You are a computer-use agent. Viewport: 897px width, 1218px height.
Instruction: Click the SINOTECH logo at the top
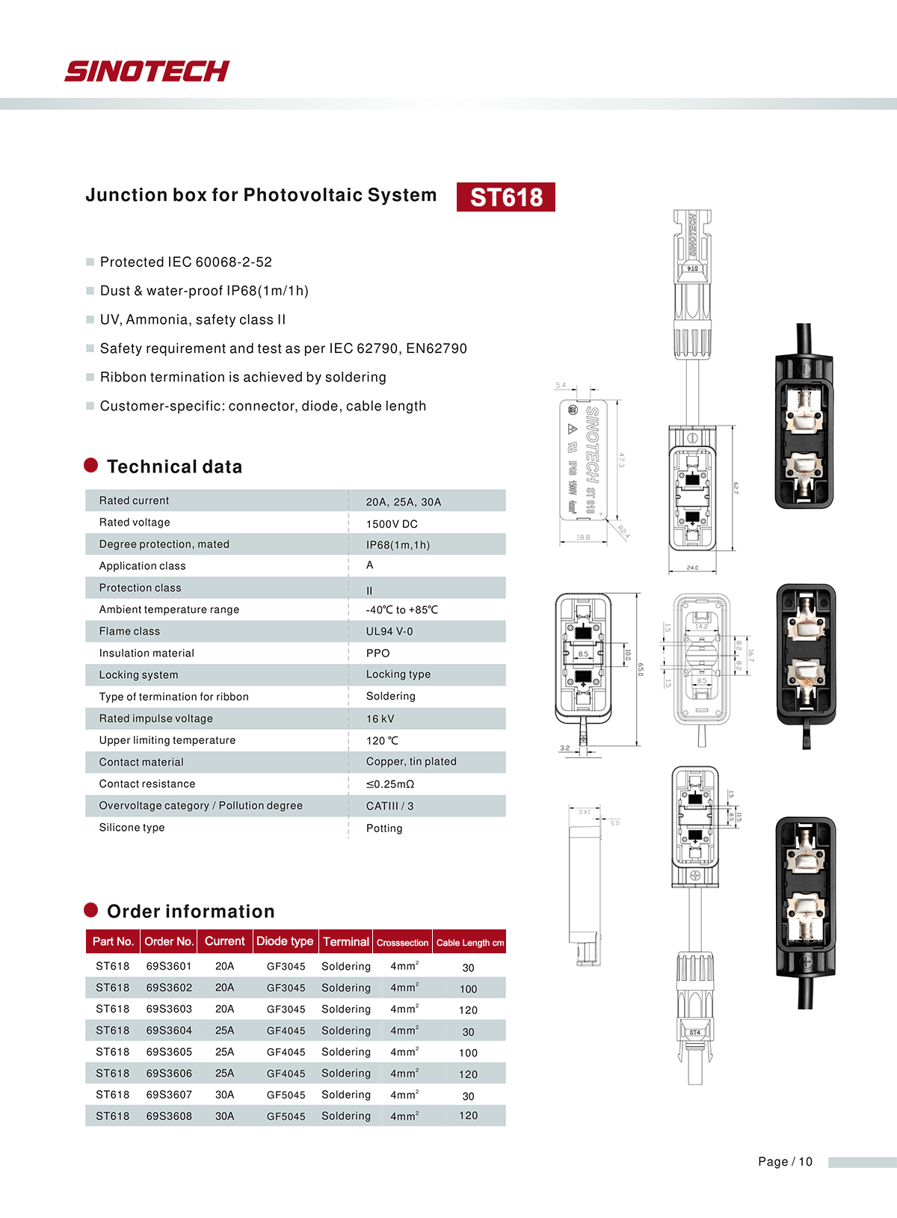[147, 71]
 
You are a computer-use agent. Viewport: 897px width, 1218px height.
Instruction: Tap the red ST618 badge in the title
[506, 197]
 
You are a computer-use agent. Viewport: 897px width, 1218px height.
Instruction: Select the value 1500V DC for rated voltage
[392, 524]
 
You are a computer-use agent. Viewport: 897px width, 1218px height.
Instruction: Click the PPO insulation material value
[377, 653]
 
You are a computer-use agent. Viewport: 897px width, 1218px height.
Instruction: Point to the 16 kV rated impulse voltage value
[380, 719]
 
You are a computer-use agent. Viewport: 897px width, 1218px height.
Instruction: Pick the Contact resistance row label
[147, 784]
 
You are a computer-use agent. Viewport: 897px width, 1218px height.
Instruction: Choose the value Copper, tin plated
[411, 761]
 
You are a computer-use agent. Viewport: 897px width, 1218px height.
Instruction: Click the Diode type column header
[285, 941]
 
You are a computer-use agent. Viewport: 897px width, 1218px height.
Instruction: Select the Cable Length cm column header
[469, 943]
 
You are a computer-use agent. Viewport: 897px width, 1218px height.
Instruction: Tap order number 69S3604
[169, 1030]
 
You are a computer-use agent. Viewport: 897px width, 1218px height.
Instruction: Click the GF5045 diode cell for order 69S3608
[286, 1116]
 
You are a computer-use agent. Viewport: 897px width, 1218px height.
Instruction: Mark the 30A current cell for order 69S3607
[224, 1095]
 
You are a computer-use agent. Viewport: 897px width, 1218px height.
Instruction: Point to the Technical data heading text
[174, 467]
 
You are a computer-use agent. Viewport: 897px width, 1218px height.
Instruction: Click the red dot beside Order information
[91, 910]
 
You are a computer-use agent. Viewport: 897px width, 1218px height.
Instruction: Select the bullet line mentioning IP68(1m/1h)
[204, 291]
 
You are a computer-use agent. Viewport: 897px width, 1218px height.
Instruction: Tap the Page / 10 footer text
[785, 1161]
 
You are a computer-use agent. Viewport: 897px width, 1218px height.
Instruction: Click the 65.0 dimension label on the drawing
[640, 669]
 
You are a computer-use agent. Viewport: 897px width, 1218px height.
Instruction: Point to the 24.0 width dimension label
[692, 568]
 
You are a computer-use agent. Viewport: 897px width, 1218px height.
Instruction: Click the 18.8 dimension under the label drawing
[583, 538]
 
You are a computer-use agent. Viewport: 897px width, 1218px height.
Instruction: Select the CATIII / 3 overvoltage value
[389, 806]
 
